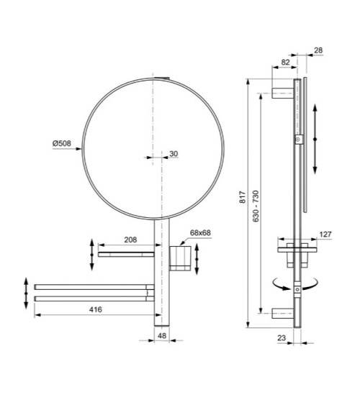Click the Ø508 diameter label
point(63,142)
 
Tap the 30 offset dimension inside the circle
point(174,153)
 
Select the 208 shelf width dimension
point(130,240)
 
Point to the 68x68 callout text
point(200,233)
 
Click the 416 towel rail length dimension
point(94,309)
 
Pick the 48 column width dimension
point(163,335)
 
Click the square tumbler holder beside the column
point(180,255)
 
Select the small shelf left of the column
point(127,253)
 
